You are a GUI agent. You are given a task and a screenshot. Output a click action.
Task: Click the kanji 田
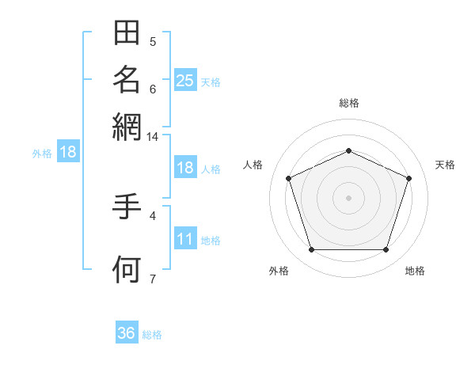click(x=127, y=32)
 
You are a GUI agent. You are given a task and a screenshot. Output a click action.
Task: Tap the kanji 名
click(x=127, y=80)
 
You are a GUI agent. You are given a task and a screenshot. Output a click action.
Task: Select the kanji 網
click(x=127, y=127)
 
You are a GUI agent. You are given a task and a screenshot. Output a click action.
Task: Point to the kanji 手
click(x=127, y=207)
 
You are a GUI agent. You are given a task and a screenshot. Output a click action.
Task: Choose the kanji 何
click(x=127, y=269)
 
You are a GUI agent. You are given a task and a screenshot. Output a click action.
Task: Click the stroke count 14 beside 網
click(x=152, y=137)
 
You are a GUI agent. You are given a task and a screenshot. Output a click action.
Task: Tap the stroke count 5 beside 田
click(x=153, y=42)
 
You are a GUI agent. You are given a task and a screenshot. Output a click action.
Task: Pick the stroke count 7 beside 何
click(x=153, y=279)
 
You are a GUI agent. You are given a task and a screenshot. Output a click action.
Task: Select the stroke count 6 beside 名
click(x=153, y=89)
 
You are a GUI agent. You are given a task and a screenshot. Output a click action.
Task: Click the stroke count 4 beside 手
click(x=153, y=216)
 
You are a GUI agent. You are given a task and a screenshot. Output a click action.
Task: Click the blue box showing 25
click(x=185, y=80)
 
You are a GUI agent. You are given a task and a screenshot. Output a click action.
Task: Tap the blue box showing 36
click(x=127, y=332)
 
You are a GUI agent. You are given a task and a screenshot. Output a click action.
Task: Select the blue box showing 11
click(x=185, y=237)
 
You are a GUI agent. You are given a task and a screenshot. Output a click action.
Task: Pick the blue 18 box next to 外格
click(x=68, y=151)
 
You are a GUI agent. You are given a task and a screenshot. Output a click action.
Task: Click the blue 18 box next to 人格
click(x=185, y=167)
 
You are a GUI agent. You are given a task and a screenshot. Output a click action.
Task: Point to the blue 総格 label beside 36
click(x=152, y=335)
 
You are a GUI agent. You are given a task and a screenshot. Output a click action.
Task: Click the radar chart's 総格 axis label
click(x=349, y=103)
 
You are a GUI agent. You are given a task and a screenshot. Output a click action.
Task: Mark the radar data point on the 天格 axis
click(x=408, y=178)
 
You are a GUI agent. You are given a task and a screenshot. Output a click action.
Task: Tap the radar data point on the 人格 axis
click(x=289, y=178)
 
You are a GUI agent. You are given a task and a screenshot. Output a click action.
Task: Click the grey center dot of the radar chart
click(x=348, y=198)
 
